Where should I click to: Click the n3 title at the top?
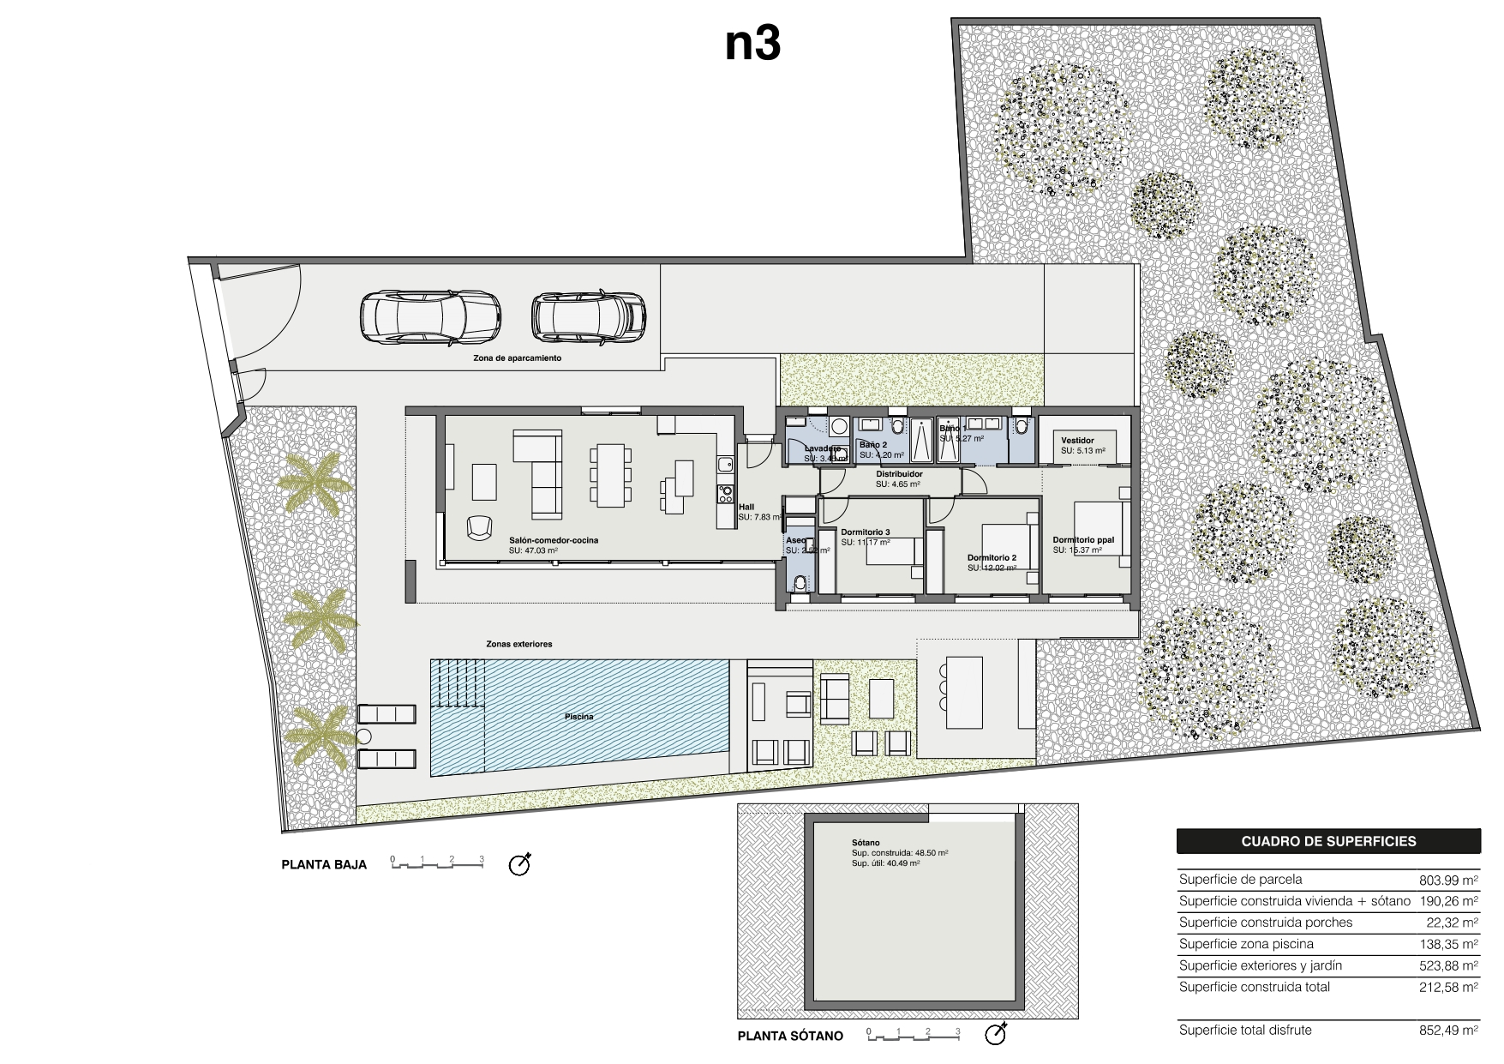[x=752, y=45]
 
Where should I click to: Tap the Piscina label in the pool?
[x=578, y=717]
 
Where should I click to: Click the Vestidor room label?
[x=1077, y=441]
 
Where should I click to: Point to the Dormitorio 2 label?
[x=992, y=557]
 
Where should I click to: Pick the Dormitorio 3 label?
[x=865, y=532]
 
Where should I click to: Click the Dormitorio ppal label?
[x=1083, y=540]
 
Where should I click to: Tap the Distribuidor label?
[x=899, y=473]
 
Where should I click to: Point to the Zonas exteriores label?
[x=518, y=644]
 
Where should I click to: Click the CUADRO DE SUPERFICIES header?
[x=1328, y=841]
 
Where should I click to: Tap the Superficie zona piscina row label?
[x=1246, y=944]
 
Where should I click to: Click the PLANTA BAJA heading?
[x=324, y=864]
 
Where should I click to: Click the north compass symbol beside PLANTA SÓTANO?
[x=996, y=1034]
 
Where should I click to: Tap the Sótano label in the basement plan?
[x=866, y=843]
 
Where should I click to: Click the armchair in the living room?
[x=480, y=526]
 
